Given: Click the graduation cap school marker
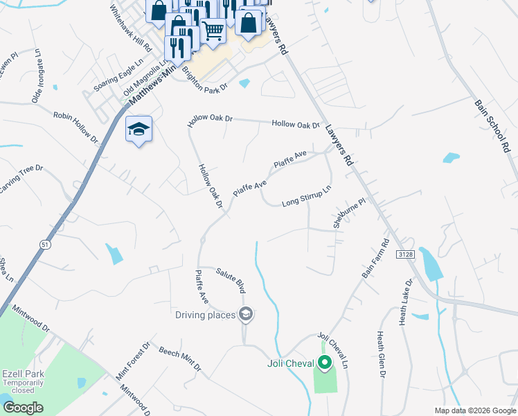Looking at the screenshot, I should (x=139, y=129).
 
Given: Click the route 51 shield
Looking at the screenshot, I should (x=45, y=243).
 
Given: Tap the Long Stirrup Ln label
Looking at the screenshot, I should (x=307, y=198).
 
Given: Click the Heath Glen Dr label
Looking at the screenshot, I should (x=381, y=354).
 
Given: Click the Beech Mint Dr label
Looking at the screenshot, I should (x=179, y=358).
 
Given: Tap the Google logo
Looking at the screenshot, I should (x=23, y=408).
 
